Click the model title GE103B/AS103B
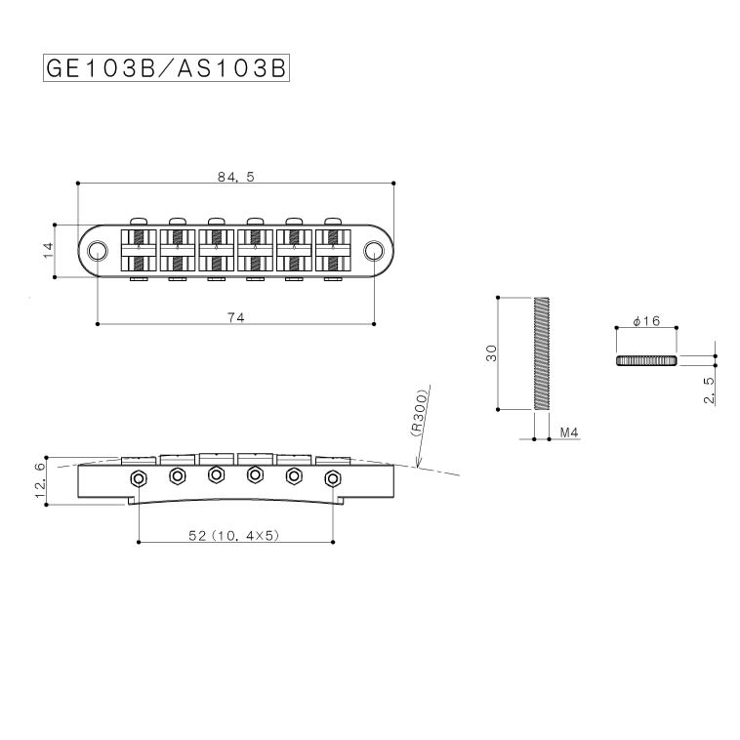[x=166, y=69]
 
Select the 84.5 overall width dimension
[x=235, y=177]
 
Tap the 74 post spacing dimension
[x=235, y=317]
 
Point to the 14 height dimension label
[x=48, y=251]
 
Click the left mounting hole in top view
[x=98, y=252]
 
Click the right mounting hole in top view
[x=374, y=252]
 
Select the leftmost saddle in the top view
[x=138, y=251]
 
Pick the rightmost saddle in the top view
[x=334, y=251]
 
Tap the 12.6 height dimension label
[x=41, y=480]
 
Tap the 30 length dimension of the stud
[x=491, y=352]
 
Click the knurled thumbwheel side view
[x=646, y=360]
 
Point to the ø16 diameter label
[x=646, y=321]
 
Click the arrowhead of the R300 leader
[x=418, y=467]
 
